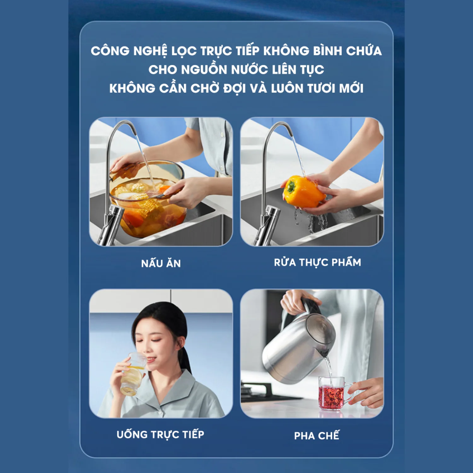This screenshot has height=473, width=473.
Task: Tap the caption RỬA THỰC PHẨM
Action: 318,262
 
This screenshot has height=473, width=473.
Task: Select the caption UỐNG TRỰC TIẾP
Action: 161,434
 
